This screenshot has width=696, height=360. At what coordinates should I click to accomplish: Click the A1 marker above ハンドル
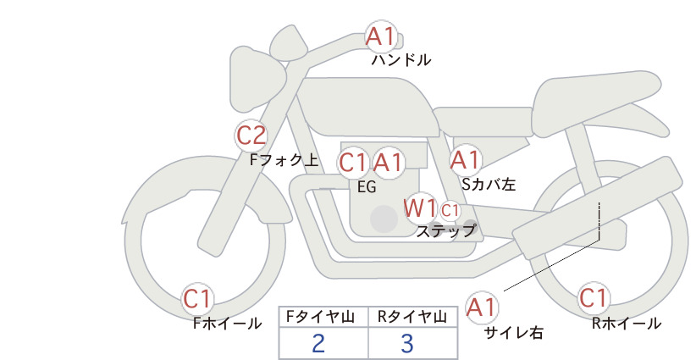[381, 36]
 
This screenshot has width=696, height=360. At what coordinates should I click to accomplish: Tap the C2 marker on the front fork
[251, 135]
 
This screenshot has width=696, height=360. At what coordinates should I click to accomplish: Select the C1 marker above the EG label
[353, 163]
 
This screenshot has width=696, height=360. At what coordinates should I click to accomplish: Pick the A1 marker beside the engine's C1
[388, 163]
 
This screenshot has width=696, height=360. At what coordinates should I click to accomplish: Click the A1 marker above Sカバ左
[465, 160]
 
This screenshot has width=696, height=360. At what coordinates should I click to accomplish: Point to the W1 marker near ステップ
[419, 208]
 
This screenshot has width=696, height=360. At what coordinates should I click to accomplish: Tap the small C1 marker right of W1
[450, 210]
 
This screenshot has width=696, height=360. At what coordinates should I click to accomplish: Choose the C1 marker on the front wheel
[197, 298]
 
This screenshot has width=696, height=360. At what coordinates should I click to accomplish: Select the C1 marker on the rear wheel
[593, 298]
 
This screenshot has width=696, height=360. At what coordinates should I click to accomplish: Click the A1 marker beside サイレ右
[481, 307]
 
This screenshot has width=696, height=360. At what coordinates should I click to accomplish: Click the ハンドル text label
[400, 59]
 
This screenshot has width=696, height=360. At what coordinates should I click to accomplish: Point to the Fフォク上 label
[284, 160]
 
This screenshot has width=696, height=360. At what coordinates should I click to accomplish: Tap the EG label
[367, 187]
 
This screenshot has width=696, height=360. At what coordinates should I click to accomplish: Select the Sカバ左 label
[489, 184]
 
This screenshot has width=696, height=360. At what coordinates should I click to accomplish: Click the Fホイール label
[227, 324]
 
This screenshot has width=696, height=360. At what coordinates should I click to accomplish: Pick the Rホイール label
[627, 324]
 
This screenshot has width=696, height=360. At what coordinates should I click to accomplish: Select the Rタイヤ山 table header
[412, 317]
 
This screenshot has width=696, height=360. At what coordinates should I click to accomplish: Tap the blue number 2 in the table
[318, 344]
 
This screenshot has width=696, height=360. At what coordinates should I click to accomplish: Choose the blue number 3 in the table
[407, 344]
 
